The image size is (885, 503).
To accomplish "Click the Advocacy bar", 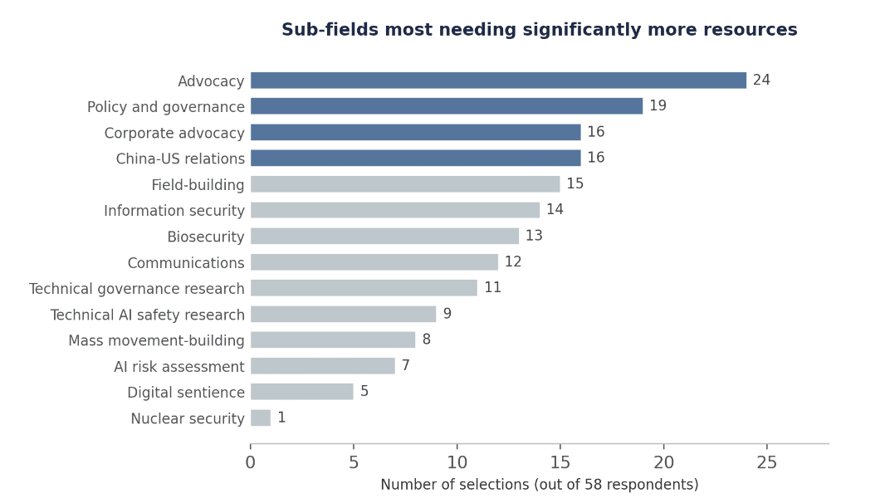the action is tap(498, 81).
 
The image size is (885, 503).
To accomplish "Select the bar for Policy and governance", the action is tap(447, 106).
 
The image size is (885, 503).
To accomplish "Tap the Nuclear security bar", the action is tap(261, 418).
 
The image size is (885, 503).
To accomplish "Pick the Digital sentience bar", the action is tap(302, 392).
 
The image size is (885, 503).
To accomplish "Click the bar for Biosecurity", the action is tap(384, 236).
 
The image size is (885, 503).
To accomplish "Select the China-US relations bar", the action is tap(415, 158).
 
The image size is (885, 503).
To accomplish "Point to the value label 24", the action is tap(761, 81).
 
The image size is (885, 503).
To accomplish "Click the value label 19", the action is tap(658, 105).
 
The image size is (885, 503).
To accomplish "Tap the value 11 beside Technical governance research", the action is tap(493, 287).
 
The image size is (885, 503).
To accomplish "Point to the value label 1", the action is tap(281, 418).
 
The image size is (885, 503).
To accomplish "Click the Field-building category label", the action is tap(198, 184).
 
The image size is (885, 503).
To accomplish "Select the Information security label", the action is tap(174, 211).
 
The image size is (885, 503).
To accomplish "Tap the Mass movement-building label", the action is tap(156, 340).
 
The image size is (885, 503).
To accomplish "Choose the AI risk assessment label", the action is tap(179, 367).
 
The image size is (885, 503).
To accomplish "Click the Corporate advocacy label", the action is tap(174, 134).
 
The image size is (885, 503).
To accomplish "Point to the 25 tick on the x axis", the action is tap(767, 463).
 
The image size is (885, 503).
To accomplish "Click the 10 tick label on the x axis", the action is tap(457, 463).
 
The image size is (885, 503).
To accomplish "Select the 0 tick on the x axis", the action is tap(251, 463).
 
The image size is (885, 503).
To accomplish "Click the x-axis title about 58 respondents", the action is tap(540, 485).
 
